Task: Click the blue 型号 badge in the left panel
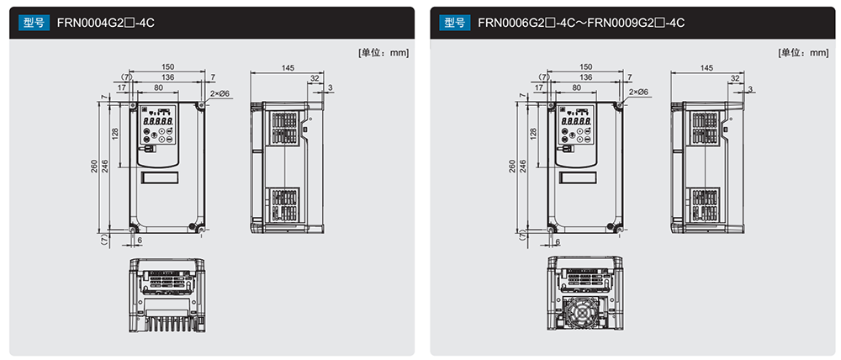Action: click(x=34, y=23)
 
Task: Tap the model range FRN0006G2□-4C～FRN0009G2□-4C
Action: click(x=581, y=23)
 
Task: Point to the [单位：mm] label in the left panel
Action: click(x=383, y=53)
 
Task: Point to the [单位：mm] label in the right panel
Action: click(x=803, y=53)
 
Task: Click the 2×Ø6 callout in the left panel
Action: click(x=220, y=93)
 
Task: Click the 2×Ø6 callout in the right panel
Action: click(x=639, y=93)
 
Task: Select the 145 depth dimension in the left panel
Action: click(x=288, y=67)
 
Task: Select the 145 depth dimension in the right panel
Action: click(x=707, y=67)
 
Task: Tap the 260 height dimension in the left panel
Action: click(x=94, y=167)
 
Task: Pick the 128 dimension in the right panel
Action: click(x=533, y=133)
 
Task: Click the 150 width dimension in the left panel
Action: click(x=168, y=67)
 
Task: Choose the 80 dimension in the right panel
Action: click(x=577, y=87)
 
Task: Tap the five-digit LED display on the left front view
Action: click(x=158, y=122)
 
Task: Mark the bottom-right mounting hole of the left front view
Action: click(x=201, y=230)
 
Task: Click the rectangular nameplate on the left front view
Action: click(x=159, y=177)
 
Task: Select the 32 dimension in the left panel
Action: click(x=315, y=78)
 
